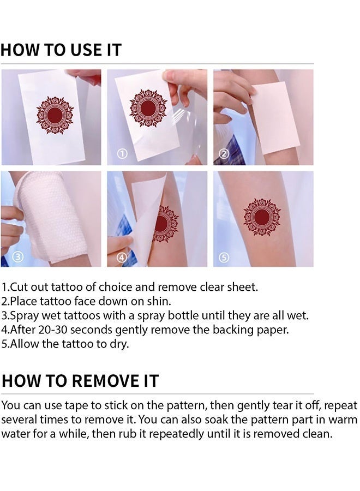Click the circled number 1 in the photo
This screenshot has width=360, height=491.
coord(123,154)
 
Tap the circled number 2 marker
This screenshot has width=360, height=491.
coord(224,154)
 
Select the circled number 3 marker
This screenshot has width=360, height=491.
coord(16,256)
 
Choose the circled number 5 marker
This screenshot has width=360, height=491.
coord(224,256)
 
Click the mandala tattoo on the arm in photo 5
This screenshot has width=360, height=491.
coord(262,217)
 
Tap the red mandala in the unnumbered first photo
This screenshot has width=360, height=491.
coord(55,115)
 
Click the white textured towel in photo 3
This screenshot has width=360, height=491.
coord(49,215)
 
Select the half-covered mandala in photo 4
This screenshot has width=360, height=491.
coord(166,224)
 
